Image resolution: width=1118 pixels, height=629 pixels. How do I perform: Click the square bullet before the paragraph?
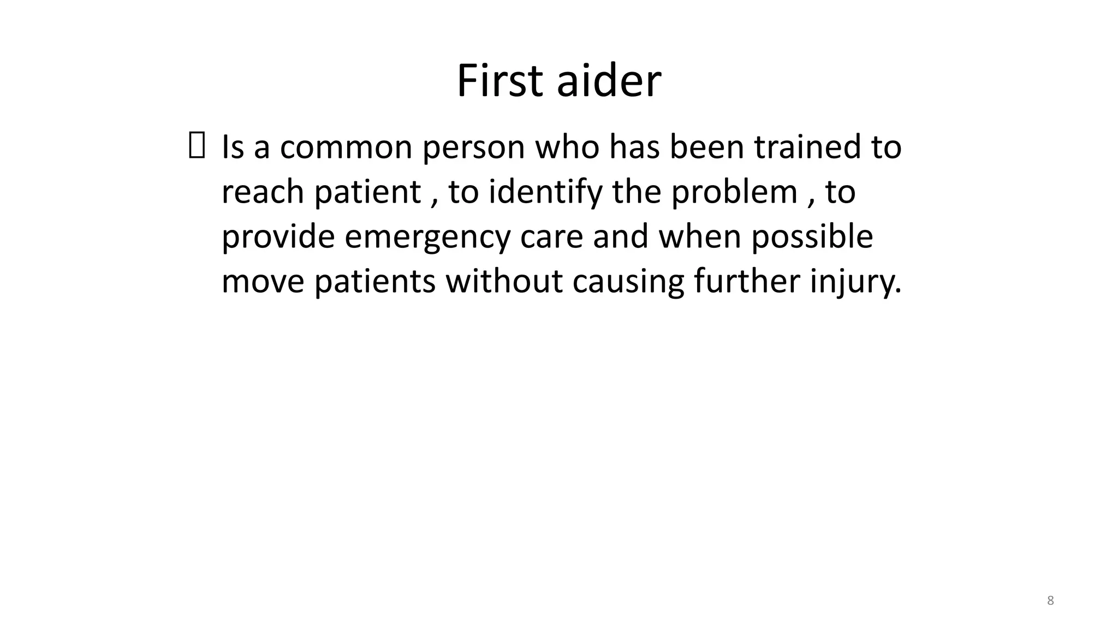click(197, 147)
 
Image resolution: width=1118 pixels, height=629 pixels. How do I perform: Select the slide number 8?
click(1050, 601)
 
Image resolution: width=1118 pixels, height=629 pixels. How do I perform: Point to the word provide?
click(278, 237)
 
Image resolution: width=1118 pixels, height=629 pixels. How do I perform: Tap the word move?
click(263, 282)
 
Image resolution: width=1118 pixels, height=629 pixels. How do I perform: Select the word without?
click(504, 282)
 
